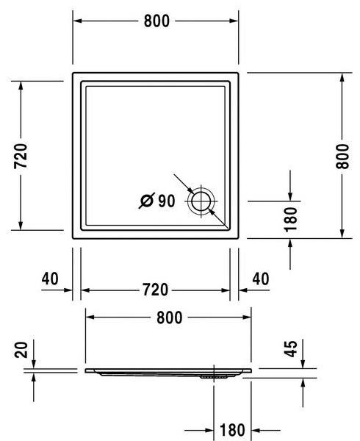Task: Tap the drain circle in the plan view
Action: [x=201, y=201]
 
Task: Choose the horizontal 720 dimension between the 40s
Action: [x=156, y=290]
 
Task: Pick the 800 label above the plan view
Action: [x=156, y=21]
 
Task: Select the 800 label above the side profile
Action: [x=169, y=318]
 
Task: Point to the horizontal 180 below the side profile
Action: [x=232, y=429]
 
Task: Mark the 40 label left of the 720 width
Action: [x=50, y=279]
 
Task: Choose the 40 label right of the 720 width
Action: [x=261, y=279]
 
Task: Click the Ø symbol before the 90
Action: [x=146, y=201]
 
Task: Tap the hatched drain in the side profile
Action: [x=212, y=376]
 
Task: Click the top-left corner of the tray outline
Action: [x=73, y=73]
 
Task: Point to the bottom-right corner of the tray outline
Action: [x=240, y=238]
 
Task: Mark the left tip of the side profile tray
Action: [x=87, y=370]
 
